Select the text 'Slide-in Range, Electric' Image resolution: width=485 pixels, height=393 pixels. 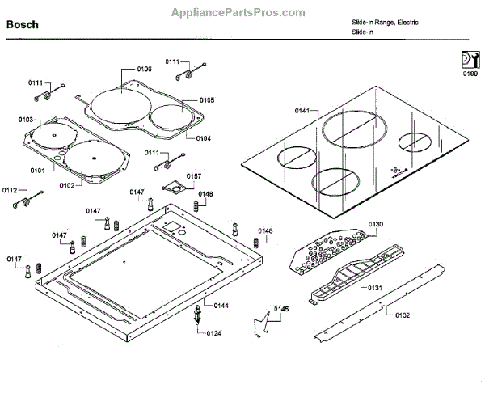(385, 21)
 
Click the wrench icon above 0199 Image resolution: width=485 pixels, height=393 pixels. (469, 59)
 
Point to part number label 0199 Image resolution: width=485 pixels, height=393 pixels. (470, 74)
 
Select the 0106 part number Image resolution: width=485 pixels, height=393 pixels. (144, 69)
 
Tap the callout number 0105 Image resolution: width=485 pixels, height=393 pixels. (206, 100)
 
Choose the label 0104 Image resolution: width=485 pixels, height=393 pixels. (203, 138)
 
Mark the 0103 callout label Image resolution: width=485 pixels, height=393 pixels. (26, 120)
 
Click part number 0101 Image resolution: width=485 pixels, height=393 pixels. (38, 171)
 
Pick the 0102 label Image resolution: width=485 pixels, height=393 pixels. (66, 185)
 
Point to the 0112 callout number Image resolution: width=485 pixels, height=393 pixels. (10, 190)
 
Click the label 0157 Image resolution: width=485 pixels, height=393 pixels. (195, 175)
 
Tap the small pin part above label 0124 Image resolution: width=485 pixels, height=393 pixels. (196, 316)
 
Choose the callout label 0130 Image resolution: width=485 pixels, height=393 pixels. (376, 223)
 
